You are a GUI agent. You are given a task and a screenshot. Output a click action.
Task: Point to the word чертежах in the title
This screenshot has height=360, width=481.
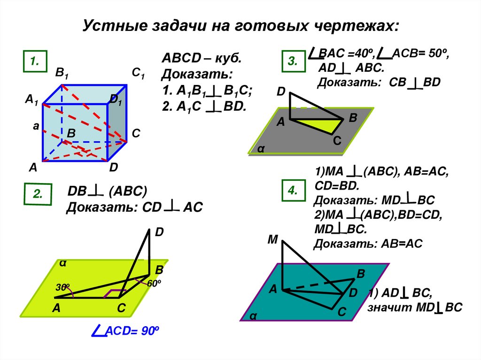click(355, 24)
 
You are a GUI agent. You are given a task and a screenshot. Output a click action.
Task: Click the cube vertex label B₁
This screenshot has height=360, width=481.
click(62, 73)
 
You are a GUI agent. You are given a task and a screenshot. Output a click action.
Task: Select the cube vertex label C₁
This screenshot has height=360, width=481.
click(138, 73)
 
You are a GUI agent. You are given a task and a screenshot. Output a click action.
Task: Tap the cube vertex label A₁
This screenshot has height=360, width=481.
click(31, 100)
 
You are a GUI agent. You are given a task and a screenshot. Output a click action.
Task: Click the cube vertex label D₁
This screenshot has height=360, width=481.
click(116, 100)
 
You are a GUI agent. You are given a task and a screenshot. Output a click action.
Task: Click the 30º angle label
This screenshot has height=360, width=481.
click(62, 287)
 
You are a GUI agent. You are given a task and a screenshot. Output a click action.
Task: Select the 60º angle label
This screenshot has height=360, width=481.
click(154, 284)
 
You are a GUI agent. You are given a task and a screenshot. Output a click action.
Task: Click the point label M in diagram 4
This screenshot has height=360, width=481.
click(273, 240)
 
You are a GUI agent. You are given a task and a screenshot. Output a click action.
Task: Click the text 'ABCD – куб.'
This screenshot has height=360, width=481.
click(202, 60)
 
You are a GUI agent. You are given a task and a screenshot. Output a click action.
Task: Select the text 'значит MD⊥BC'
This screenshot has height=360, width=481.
click(415, 307)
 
